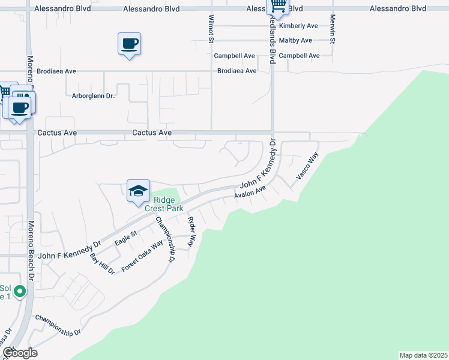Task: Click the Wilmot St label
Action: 211,29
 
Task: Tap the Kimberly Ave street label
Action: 298,26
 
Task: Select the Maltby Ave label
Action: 295,41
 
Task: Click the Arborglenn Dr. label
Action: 93,95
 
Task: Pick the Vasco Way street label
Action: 307,167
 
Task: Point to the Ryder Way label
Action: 191,232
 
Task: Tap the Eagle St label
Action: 126,238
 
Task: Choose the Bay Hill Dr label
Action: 101,264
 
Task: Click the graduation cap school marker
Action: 138,191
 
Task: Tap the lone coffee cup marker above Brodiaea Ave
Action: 130,44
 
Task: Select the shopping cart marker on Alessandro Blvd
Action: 278,7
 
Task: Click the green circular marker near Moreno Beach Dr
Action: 20,292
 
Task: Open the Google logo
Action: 20,353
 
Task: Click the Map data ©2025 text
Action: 423,355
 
